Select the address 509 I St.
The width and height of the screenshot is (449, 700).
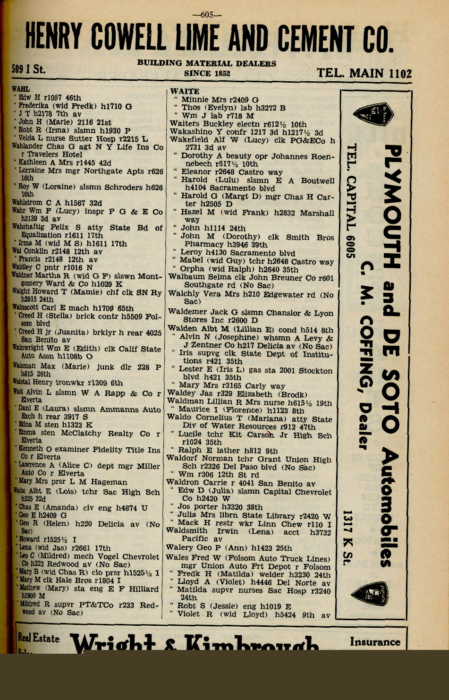[x=28, y=69]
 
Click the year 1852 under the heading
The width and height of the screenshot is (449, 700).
[x=220, y=73]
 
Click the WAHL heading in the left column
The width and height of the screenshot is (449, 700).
[x=20, y=89]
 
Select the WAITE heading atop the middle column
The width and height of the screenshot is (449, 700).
[x=185, y=91]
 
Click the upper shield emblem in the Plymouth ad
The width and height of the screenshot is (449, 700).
[x=373, y=116]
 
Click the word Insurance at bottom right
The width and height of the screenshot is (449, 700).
[x=375, y=642]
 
